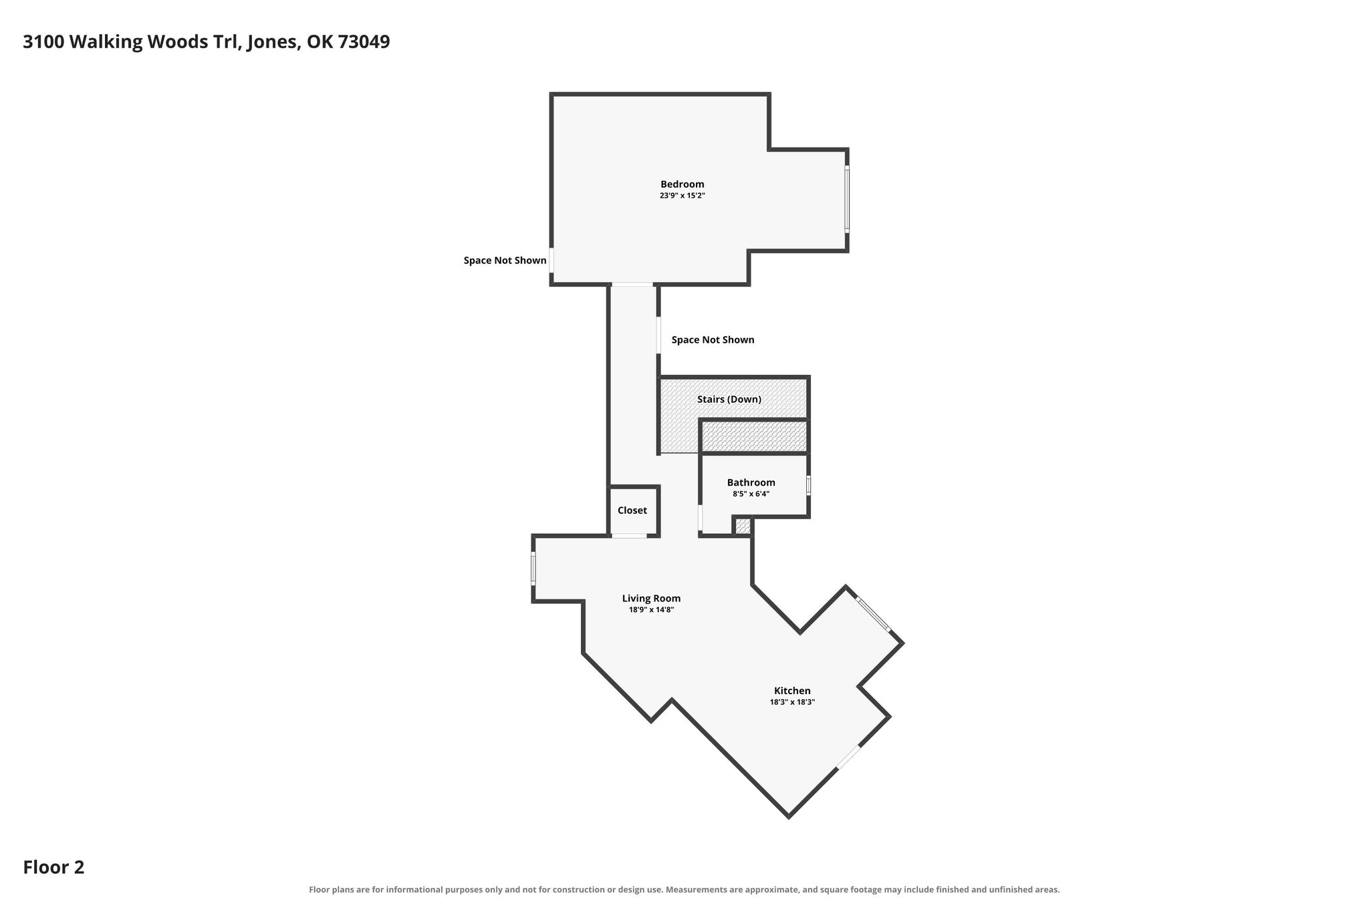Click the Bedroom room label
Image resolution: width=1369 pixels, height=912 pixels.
[x=682, y=184]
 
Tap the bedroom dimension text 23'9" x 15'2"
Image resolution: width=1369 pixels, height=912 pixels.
[x=682, y=196]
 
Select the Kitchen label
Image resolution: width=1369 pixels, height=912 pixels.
[x=792, y=691]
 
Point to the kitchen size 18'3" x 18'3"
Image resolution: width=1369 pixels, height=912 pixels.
[x=792, y=702]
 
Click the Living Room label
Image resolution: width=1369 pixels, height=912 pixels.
[x=651, y=599]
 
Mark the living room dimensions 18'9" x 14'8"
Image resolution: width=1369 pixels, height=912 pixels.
[x=651, y=610]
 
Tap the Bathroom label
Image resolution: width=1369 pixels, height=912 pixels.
[x=751, y=482]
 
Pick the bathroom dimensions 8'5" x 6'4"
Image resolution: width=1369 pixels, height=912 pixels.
[x=751, y=494]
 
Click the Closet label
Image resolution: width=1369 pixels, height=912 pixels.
[x=632, y=510]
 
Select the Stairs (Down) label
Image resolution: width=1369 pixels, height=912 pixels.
[x=729, y=400]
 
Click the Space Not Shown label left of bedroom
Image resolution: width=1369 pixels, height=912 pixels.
[x=505, y=261]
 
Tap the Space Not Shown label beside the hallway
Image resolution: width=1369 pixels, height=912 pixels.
[x=713, y=340]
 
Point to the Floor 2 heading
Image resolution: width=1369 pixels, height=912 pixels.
[x=53, y=867]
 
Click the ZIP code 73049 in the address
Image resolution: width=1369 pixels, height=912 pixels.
[x=364, y=42]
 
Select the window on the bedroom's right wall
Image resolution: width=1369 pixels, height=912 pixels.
[x=847, y=199]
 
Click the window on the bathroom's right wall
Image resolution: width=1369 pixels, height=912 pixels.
[x=808, y=485]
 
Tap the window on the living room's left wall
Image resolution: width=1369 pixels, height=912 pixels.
[x=533, y=569]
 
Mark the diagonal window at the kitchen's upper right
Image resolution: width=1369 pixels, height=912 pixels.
[x=874, y=614]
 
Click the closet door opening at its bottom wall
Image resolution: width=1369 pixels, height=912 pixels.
[x=629, y=536]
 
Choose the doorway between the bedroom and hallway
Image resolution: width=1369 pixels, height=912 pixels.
[x=632, y=285]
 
